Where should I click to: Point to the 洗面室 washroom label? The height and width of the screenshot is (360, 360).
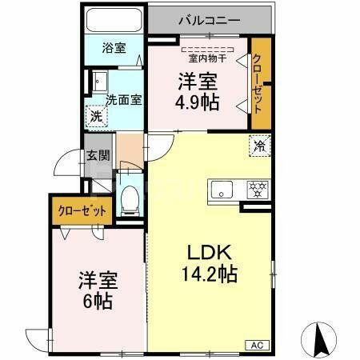click(x=124, y=100)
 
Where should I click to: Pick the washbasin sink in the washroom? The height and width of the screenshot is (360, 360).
click(x=99, y=81)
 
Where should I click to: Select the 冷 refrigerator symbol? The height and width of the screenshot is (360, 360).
click(x=259, y=146)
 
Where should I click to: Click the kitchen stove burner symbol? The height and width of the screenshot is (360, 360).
click(x=258, y=190)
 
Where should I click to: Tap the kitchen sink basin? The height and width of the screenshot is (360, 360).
click(x=222, y=190)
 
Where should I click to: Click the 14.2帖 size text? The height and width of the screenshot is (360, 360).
click(x=211, y=274)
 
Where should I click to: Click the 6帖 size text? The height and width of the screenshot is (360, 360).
click(x=98, y=302)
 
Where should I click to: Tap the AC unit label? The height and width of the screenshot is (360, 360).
click(x=257, y=344)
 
